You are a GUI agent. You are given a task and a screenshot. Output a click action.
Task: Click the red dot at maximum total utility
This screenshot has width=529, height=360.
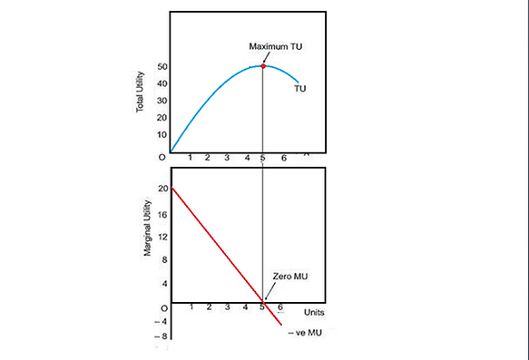(263, 66)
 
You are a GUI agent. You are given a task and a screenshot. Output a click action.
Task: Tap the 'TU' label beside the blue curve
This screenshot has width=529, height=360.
(302, 89)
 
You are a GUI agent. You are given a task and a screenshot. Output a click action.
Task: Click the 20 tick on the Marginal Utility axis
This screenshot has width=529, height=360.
(162, 189)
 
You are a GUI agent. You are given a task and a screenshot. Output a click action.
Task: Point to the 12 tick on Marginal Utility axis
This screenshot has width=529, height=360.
(162, 237)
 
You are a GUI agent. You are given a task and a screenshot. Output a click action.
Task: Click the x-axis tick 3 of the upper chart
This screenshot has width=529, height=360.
(226, 158)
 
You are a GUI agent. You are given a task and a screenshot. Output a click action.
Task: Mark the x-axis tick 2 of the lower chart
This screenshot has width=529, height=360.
(208, 308)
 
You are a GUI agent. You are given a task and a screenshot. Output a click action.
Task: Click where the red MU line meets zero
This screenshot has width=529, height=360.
(263, 302)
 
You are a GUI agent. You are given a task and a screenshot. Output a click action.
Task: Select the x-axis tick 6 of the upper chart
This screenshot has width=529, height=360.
(283, 158)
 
